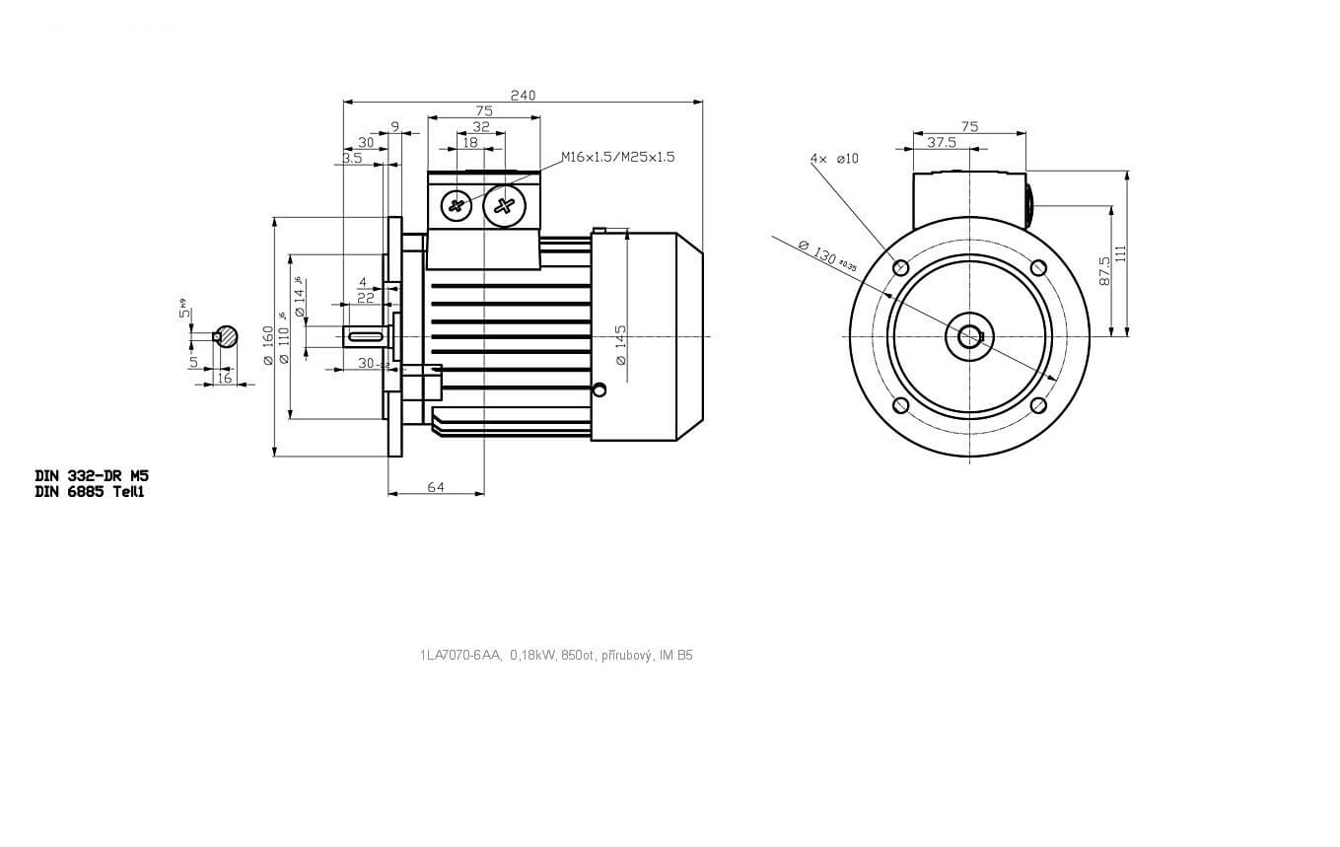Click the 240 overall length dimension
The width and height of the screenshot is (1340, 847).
coord(523,95)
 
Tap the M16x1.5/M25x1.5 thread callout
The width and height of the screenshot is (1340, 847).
coord(617,157)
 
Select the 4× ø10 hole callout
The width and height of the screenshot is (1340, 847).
coord(834,158)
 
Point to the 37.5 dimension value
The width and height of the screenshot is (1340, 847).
coord(942,142)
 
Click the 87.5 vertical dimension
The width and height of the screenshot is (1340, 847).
coord(1104,271)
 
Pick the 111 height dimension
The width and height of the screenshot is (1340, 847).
coord(1120,253)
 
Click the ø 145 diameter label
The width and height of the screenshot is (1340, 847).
coord(620,345)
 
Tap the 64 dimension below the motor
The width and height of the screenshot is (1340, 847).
coord(436,487)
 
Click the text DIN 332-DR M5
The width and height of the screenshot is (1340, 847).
coord(92,474)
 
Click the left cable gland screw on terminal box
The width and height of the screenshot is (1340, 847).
coord(456,205)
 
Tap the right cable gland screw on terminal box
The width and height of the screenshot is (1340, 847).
coord(505,205)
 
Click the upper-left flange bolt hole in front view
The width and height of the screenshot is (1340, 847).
coord(899,267)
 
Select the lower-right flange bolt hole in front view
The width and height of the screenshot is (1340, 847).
coord(1037,405)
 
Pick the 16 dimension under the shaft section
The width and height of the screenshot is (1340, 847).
coord(224,378)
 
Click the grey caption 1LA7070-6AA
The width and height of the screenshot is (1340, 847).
coord(460,655)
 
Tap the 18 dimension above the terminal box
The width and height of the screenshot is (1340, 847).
coord(470,142)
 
